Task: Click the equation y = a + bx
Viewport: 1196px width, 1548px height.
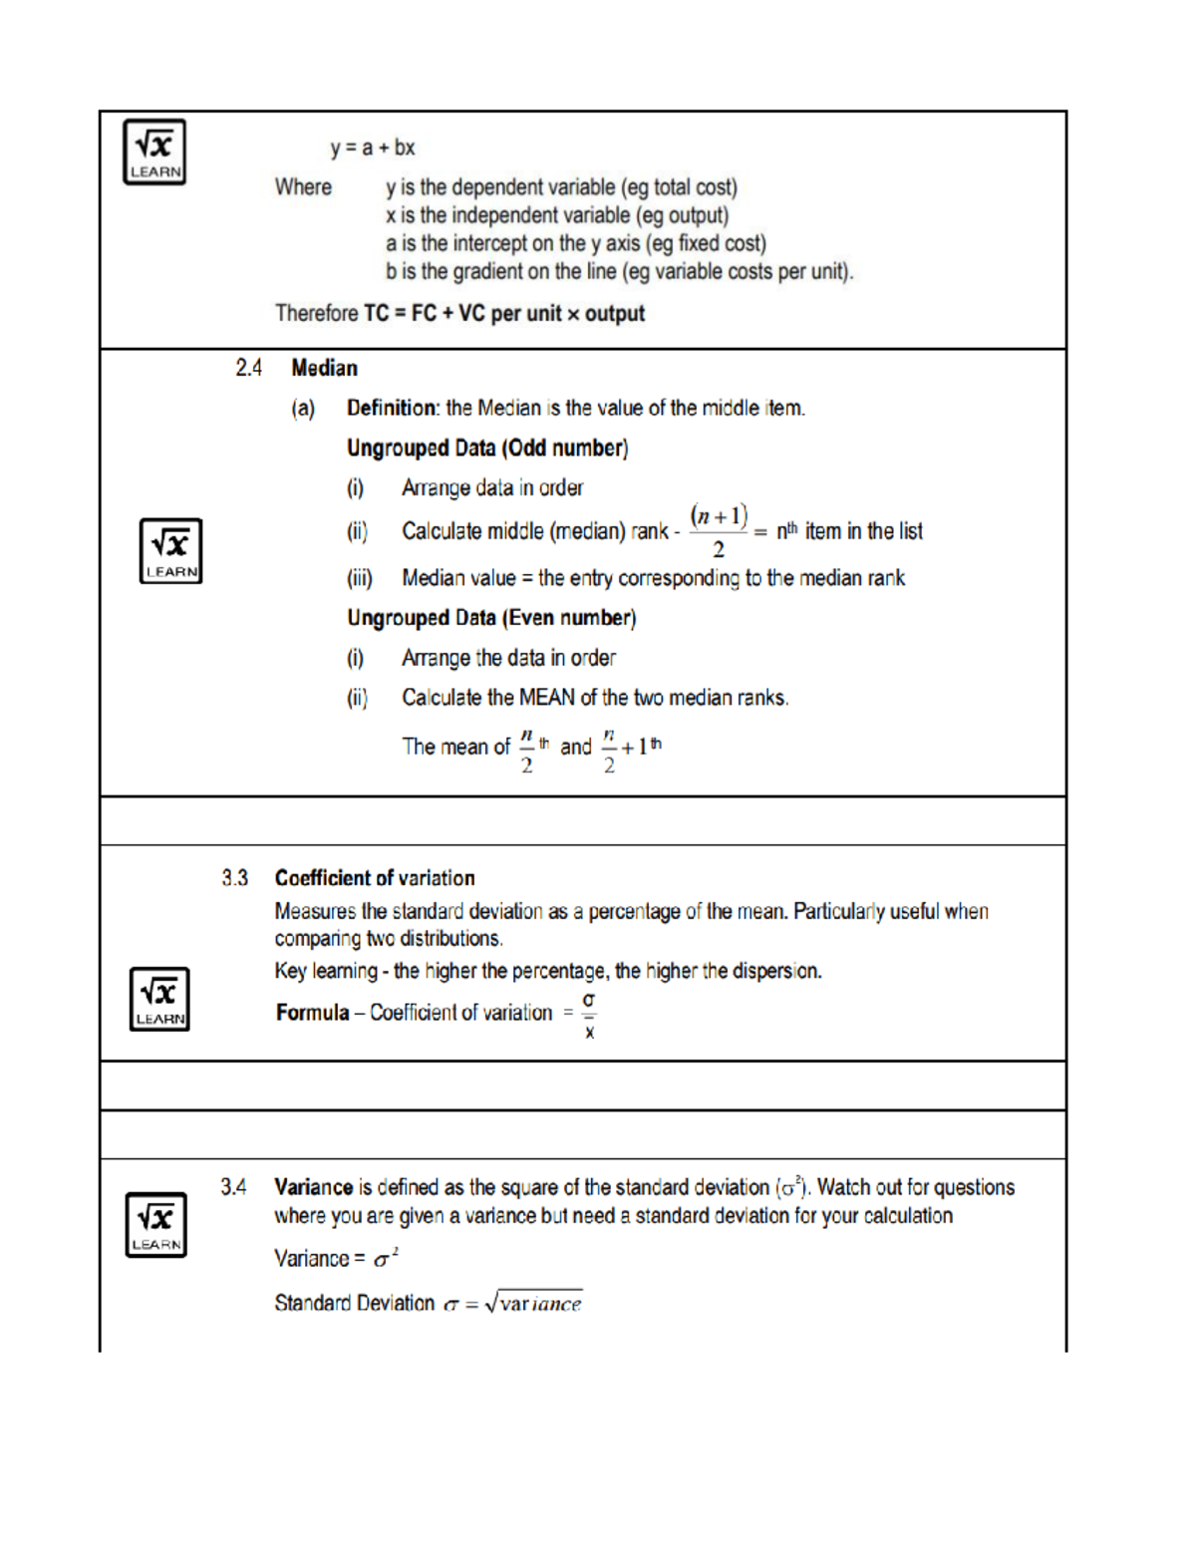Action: (x=373, y=148)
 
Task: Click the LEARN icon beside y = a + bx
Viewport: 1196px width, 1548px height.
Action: (x=154, y=152)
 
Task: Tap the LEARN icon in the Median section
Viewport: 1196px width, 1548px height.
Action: (x=170, y=550)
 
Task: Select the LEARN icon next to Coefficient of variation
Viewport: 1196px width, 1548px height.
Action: (x=159, y=998)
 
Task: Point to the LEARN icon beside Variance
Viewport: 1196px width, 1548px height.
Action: (x=155, y=1224)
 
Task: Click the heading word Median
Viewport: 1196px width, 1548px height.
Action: (x=324, y=368)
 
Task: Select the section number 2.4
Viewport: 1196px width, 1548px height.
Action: (x=248, y=368)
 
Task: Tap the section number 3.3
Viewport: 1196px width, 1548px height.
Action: (x=235, y=878)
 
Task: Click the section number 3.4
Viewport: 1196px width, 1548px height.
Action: (x=233, y=1187)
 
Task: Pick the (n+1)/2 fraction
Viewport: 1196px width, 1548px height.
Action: (x=719, y=531)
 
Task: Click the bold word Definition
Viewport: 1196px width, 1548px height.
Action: (x=392, y=408)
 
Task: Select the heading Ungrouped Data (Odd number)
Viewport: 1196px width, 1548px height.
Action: (x=487, y=449)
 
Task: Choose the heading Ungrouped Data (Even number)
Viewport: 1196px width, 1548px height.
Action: (x=491, y=618)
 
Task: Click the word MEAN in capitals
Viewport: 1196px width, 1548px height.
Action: (x=546, y=698)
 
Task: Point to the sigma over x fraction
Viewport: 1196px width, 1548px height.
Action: (x=589, y=1015)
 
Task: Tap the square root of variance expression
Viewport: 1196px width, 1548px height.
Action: (x=533, y=1303)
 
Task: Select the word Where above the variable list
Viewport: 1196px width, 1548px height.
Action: (x=303, y=187)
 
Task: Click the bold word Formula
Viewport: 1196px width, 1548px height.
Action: (x=312, y=1013)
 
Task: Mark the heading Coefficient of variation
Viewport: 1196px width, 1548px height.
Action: (x=375, y=878)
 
